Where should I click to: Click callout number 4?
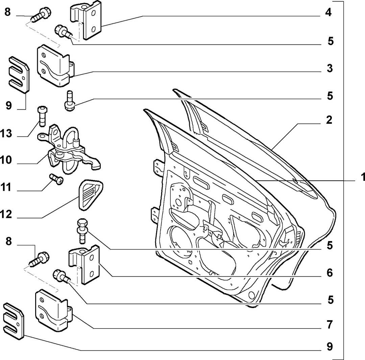pyautogui.click(x=328, y=13)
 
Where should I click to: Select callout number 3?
pyautogui.click(x=330, y=69)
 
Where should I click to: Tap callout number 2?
pyautogui.click(x=329, y=120)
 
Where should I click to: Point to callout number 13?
pyautogui.click(x=6, y=134)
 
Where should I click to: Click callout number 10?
pyautogui.click(x=6, y=160)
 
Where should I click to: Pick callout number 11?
pyautogui.click(x=6, y=187)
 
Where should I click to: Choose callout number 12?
pyautogui.click(x=6, y=214)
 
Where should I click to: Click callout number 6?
pyautogui.click(x=330, y=273)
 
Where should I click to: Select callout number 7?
pyautogui.click(x=330, y=325)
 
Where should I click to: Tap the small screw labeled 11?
pyautogui.click(x=56, y=179)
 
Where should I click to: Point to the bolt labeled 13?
pyautogui.click(x=42, y=116)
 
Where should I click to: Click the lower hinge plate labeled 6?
pyautogui.click(x=84, y=265)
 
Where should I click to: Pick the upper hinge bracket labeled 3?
pyautogui.click(x=55, y=66)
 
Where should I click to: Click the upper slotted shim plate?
pyautogui.click(x=19, y=75)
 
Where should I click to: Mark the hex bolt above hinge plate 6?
pyautogui.click(x=82, y=231)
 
